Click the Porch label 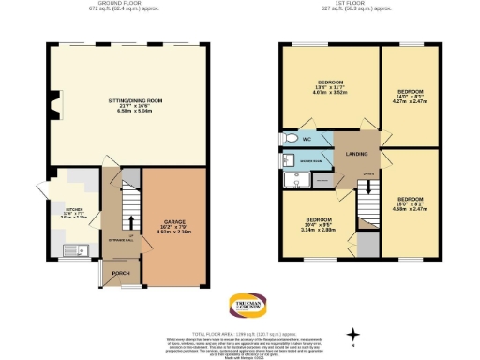click(x=121, y=274)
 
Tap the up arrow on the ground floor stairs click(x=129, y=223)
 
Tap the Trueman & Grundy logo click(x=248, y=306)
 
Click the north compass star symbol click(x=353, y=334)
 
